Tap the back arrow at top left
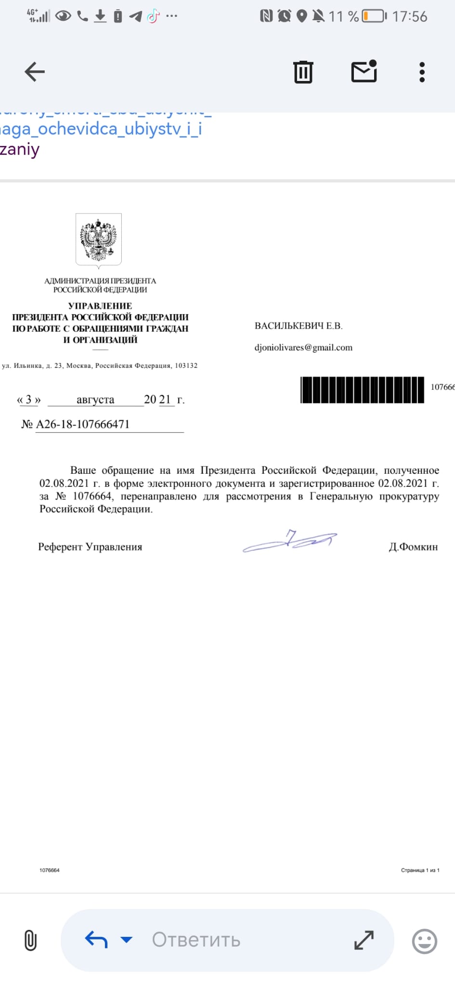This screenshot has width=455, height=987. (35, 72)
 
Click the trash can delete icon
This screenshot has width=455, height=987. (303, 72)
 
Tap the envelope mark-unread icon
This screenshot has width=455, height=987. (364, 72)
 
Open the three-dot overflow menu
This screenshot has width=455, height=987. (422, 72)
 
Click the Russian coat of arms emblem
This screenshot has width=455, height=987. (99, 240)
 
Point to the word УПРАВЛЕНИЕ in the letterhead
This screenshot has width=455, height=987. (100, 306)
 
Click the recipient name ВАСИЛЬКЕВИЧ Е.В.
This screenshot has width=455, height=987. (299, 326)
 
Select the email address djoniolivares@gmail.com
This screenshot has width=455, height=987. (303, 347)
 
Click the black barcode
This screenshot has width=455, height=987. (362, 390)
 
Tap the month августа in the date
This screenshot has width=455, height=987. (95, 400)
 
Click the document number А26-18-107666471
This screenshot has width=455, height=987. (83, 424)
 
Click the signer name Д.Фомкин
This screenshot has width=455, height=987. (413, 547)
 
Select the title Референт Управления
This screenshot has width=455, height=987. (90, 547)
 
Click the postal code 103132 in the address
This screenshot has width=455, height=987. (186, 365)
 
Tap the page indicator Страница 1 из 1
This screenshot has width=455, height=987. (420, 870)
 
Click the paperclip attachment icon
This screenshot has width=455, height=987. (30, 940)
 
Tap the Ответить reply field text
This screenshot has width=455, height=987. (196, 940)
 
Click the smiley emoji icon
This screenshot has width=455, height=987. (425, 941)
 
